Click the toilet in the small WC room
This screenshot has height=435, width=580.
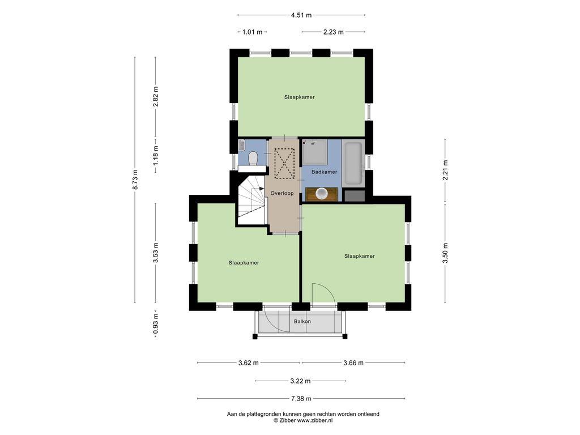[x=253, y=159]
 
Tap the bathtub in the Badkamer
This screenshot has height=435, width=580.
[x=353, y=164]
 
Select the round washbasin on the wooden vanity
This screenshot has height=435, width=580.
[x=322, y=194]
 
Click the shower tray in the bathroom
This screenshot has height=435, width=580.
[x=315, y=152]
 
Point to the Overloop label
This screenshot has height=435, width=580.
[x=282, y=193]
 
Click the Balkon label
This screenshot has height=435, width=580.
[x=302, y=322]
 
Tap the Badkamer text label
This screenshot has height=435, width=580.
[x=324, y=172]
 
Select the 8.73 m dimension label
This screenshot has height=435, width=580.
[x=135, y=180]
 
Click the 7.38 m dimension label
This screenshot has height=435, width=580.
[x=301, y=398]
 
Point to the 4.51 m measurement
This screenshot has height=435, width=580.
[x=301, y=15]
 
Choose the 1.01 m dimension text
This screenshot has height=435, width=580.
[x=252, y=32]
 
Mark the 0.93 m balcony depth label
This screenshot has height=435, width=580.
[x=156, y=323]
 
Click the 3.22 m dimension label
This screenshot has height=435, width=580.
[x=300, y=381]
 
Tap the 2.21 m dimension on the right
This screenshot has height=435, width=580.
[x=445, y=170]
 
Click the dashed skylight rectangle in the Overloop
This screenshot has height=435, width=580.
[x=284, y=164]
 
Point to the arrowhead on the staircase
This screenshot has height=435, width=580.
[x=262, y=188]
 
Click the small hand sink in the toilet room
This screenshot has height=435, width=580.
[x=241, y=146]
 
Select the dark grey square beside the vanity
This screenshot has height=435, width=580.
[x=355, y=195]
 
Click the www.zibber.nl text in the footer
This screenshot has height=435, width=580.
[x=315, y=420]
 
